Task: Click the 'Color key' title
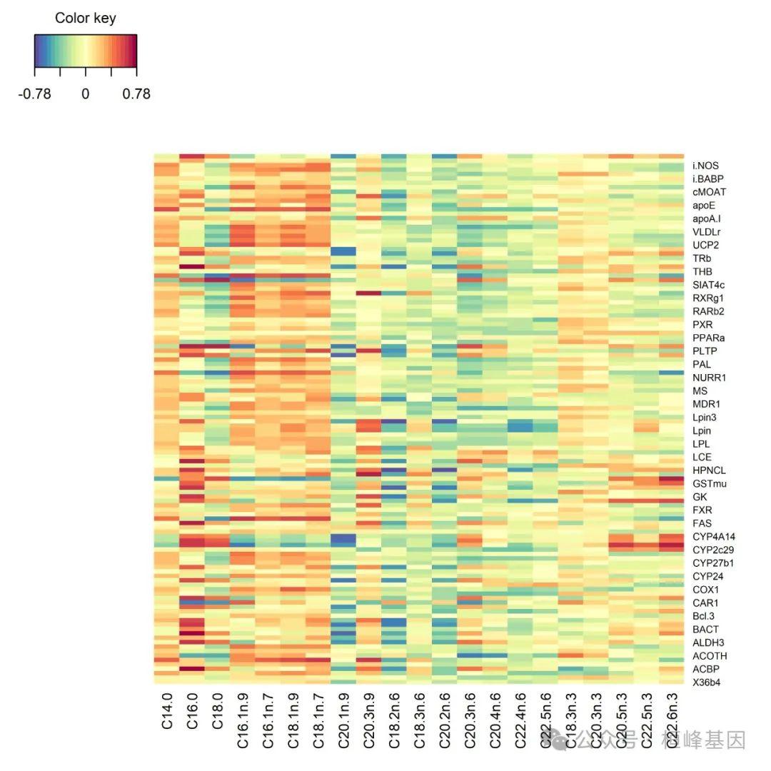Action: point(85,18)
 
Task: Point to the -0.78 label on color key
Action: point(34,94)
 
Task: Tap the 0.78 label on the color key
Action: point(136,94)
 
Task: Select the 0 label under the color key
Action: point(85,94)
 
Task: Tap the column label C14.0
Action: point(167,710)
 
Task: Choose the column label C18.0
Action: point(218,710)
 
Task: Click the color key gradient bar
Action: point(85,50)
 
